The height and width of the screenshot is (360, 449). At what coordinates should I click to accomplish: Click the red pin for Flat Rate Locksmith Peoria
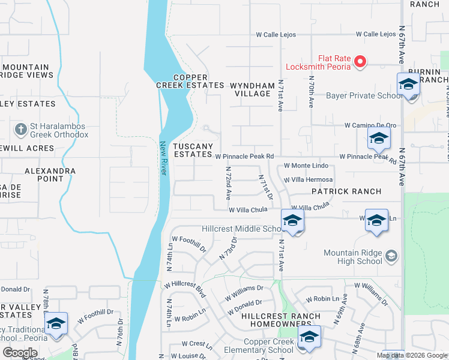click(x=360, y=61)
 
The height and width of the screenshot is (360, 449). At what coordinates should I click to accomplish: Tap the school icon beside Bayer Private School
click(x=408, y=85)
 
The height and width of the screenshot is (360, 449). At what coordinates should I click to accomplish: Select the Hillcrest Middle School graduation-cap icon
click(x=292, y=221)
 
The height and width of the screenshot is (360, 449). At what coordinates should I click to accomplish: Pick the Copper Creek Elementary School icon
click(x=309, y=338)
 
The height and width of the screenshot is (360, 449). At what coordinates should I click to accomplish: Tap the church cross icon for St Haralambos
click(x=20, y=130)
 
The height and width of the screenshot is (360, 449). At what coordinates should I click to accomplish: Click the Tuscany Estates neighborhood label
click(x=193, y=150)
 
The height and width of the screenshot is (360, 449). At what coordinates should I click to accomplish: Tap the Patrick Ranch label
click(x=346, y=191)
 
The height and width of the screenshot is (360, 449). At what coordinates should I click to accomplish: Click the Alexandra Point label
click(x=50, y=175)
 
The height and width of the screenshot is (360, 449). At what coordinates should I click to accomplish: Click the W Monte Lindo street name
click(x=306, y=165)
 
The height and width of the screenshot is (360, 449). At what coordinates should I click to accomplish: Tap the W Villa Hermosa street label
click(x=309, y=179)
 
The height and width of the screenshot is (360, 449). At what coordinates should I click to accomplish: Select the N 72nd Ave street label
click(x=228, y=183)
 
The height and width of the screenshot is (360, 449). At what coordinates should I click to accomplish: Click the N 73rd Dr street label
click(x=229, y=248)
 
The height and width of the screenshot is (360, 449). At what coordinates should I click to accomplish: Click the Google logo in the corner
click(x=20, y=353)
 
